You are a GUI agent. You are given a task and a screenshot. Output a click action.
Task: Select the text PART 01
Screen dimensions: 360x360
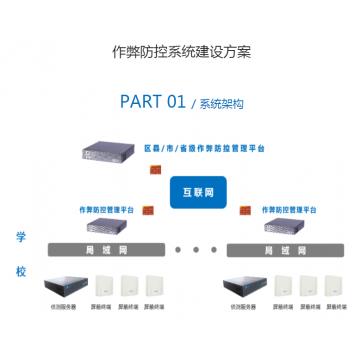[152, 101]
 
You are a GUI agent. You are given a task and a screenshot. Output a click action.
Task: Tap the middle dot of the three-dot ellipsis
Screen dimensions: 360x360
[197, 250]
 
